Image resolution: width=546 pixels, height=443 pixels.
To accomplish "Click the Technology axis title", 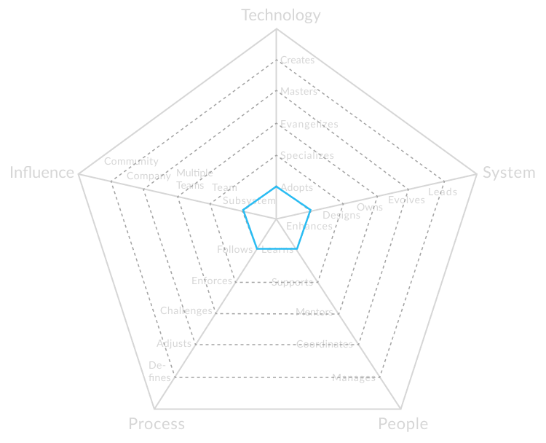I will [281, 15].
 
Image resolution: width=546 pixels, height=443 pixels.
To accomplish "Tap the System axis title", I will [509, 173].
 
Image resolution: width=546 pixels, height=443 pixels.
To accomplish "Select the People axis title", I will [403, 424].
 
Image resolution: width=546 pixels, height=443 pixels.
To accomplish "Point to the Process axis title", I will [157, 424].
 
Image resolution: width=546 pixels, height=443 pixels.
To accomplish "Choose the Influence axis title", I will [42, 173].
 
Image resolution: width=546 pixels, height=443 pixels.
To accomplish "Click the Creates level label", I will [297, 60].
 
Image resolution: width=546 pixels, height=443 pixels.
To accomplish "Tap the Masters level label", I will [298, 92].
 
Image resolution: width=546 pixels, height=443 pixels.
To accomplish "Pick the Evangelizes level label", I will [309, 124].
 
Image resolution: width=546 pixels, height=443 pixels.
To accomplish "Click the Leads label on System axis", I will [443, 192].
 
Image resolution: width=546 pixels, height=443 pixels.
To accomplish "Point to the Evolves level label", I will [406, 200].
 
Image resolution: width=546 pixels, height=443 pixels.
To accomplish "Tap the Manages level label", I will [354, 377].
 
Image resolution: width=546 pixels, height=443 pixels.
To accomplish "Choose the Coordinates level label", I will [325, 344].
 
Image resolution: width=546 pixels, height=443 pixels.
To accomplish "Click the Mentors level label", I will [314, 313].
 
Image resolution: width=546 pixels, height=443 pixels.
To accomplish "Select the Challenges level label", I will [186, 310].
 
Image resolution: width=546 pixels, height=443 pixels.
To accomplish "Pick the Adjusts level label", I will [174, 343].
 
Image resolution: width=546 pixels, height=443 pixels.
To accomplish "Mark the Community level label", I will [131, 161].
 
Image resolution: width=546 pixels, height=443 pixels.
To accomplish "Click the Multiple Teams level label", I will [194, 179].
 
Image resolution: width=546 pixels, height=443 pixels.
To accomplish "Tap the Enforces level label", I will [212, 281].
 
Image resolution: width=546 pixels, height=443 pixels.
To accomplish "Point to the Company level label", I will [149, 176].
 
